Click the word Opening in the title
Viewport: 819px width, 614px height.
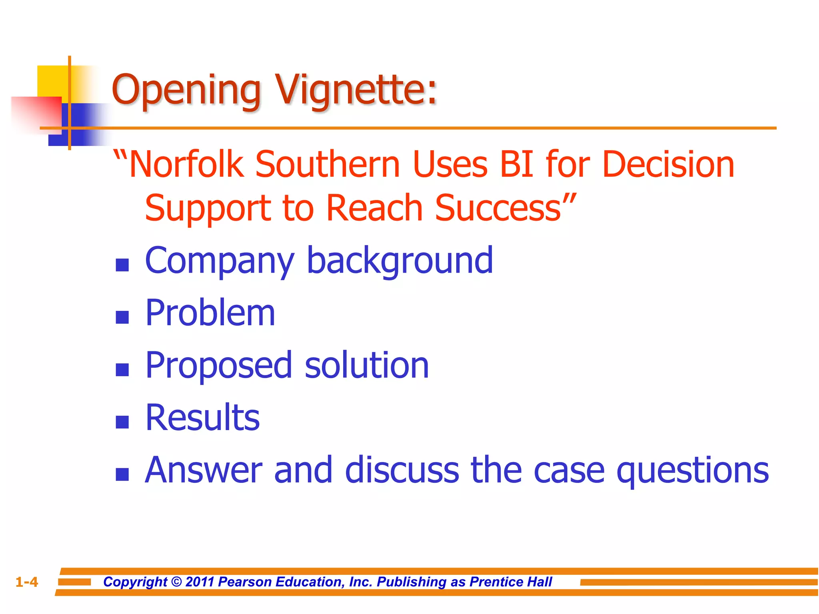186,90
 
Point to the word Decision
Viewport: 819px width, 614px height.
668,164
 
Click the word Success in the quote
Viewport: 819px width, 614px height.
498,208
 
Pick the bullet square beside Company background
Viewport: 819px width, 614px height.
122,265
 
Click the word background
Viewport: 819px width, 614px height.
400,261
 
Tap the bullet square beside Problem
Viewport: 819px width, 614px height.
122,317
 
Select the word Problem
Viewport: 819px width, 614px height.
210,313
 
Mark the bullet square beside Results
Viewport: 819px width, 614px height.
122,422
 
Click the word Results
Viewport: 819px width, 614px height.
202,418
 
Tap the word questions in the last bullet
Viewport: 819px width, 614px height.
692,470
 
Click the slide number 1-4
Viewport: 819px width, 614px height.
27,582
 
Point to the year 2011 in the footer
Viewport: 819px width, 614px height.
200,582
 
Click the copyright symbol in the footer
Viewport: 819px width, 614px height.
176,582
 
